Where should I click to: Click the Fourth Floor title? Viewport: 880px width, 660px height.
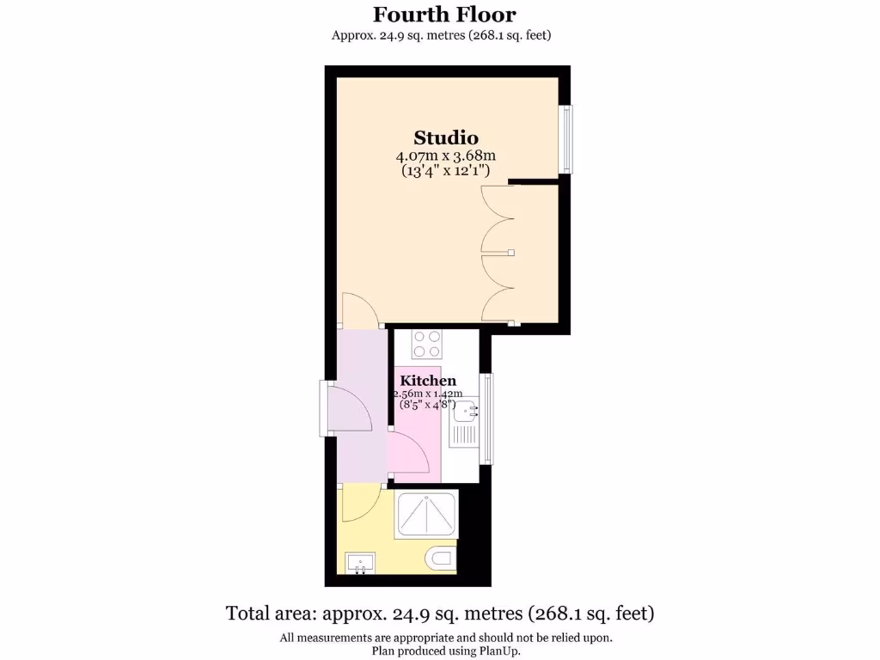(444, 15)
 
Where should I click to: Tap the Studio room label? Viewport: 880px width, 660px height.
(445, 137)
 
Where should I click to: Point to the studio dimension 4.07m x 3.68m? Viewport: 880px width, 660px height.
(445, 156)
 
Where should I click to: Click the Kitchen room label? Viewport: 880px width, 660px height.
(428, 381)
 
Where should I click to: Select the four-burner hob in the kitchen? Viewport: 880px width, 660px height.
(427, 344)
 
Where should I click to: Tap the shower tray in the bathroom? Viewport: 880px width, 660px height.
(426, 514)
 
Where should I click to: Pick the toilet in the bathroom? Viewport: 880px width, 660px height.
(440, 560)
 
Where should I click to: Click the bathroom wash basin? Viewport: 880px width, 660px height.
(359, 564)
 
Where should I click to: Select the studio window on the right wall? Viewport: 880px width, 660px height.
(565, 139)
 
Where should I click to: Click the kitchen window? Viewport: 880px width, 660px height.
(486, 418)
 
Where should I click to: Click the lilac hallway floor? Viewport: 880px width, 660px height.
(361, 361)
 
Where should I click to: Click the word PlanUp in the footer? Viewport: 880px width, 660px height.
(499, 651)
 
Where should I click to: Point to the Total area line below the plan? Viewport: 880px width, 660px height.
(440, 614)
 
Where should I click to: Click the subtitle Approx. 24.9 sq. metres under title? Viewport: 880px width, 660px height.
(441, 35)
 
